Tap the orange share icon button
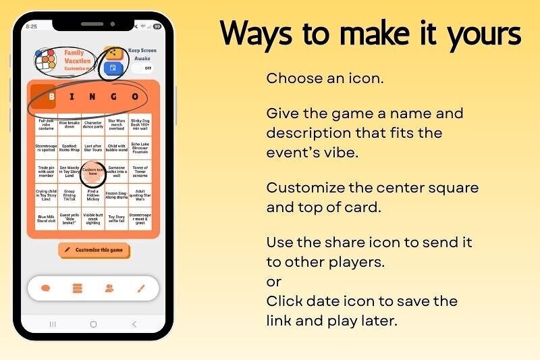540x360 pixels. point(113,53)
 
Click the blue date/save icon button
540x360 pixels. point(113,68)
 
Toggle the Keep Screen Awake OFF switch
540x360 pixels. point(143,68)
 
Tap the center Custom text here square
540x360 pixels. point(93,172)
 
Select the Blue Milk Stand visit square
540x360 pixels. point(46,218)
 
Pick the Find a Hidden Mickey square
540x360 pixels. point(93,196)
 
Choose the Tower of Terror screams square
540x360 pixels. point(140,172)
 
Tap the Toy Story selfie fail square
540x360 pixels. point(117,218)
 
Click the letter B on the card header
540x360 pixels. point(51,97)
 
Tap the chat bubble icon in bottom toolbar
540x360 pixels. point(46,288)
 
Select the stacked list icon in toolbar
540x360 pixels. point(77,288)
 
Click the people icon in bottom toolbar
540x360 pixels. point(109,288)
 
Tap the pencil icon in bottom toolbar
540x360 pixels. point(141,288)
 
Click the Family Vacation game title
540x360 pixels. point(77,57)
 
